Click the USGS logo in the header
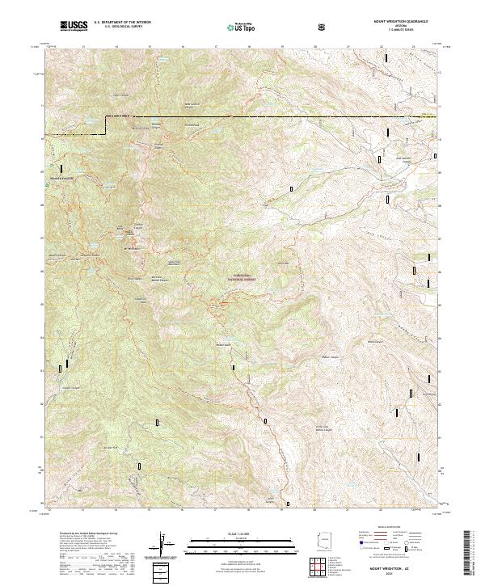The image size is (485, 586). pyautogui.click(x=74, y=26)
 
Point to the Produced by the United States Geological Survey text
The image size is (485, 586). pyautogui.click(x=81, y=535)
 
